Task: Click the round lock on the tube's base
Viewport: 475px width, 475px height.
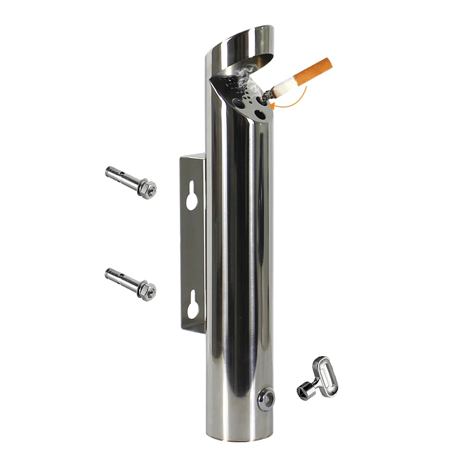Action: point(267,398)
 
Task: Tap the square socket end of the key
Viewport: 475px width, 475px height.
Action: point(304,392)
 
